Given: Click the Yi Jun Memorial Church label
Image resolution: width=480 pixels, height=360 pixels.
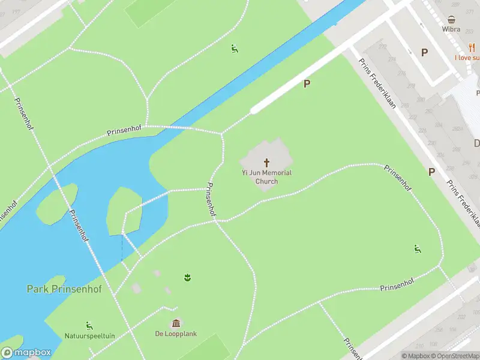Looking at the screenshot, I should click(x=266, y=177).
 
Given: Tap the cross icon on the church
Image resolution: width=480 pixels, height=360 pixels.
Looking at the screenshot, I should click(x=266, y=162).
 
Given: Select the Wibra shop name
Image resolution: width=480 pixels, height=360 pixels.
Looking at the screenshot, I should click(x=451, y=29).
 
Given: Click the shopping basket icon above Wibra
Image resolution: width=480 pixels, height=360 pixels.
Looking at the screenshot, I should click(x=451, y=19).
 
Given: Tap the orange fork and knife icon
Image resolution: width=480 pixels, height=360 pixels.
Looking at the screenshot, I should click(x=472, y=48).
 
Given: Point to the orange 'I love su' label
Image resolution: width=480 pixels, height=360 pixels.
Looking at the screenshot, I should click(x=467, y=58).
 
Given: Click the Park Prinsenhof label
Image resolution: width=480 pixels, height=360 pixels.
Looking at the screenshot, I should click(x=64, y=289).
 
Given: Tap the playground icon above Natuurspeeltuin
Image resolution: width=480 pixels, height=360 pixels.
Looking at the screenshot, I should click(x=89, y=325).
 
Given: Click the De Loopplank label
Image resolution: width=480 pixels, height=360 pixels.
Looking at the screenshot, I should click(x=176, y=334).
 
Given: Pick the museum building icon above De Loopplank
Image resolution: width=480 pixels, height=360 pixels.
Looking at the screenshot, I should click(x=176, y=323).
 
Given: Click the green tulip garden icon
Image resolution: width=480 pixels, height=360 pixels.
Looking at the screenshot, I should click(x=187, y=277).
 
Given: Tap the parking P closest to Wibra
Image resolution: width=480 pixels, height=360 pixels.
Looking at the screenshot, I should click(x=424, y=53).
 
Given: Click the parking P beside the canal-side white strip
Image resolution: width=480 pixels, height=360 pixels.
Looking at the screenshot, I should click(x=307, y=84).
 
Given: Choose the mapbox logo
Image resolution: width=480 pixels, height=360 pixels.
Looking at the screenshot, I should click(x=26, y=353).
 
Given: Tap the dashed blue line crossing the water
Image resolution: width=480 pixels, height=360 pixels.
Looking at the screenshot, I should click(x=122, y=246).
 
